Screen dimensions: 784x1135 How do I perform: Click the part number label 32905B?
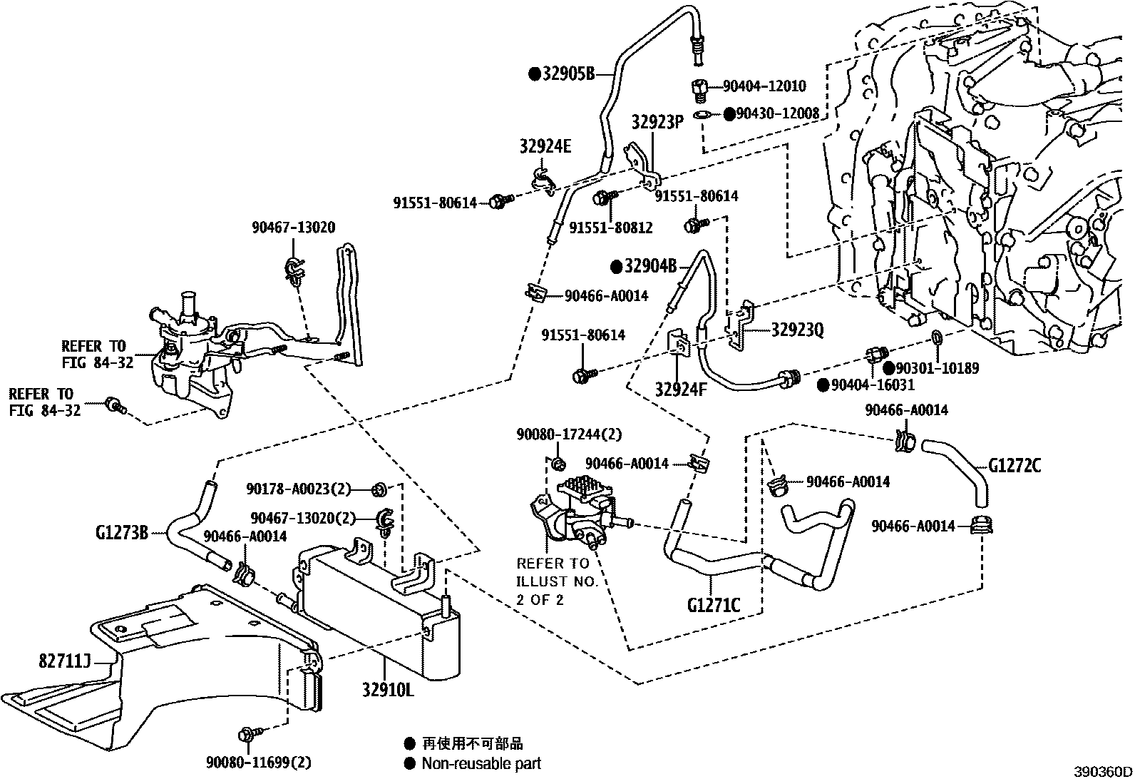(x=568, y=73)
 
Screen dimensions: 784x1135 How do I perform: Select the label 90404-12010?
(x=764, y=86)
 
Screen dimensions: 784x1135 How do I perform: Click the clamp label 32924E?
(x=545, y=147)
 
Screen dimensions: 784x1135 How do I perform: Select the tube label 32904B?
(x=650, y=267)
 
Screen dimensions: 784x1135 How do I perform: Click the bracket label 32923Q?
(x=797, y=330)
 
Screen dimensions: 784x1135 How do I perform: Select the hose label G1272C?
(x=1015, y=466)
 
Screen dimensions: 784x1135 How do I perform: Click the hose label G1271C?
(x=714, y=606)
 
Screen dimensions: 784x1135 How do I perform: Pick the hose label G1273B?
(x=122, y=532)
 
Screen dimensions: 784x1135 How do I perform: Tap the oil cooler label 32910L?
(x=386, y=691)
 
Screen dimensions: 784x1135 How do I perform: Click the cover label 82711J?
(x=64, y=661)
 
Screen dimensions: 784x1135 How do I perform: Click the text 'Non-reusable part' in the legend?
(x=481, y=763)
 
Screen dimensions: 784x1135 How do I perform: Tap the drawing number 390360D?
(x=1103, y=772)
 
